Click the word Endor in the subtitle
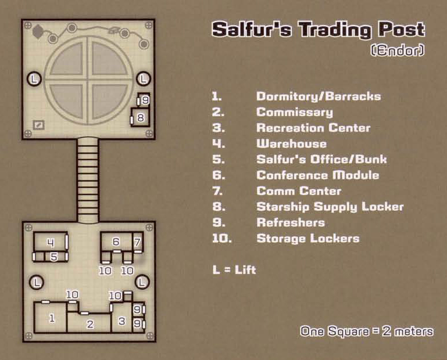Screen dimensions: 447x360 coord(398,51)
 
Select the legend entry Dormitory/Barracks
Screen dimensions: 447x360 coord(319,96)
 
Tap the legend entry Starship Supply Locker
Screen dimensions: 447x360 coord(330,207)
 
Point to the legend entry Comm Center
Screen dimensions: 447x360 coord(299,191)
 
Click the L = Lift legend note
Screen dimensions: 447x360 coord(234,270)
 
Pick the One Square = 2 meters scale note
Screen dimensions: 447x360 coord(367,331)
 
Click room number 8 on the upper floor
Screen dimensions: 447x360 coord(140,117)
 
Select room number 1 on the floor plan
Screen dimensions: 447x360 coord(52,318)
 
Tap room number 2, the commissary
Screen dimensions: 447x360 coord(90,324)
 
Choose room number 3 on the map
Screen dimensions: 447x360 coord(121,321)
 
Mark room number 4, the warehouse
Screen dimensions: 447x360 coord(51,242)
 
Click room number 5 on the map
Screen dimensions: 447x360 coord(53,257)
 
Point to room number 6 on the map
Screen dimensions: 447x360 coord(116,242)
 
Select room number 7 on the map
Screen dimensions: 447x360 coord(137,242)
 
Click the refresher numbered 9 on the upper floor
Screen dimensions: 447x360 coord(145,100)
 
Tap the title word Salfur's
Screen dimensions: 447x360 coord(252,29)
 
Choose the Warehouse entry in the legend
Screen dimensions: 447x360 coord(291,143)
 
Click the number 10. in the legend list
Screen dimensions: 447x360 coord(222,239)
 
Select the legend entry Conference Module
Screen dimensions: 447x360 coord(317,175)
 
